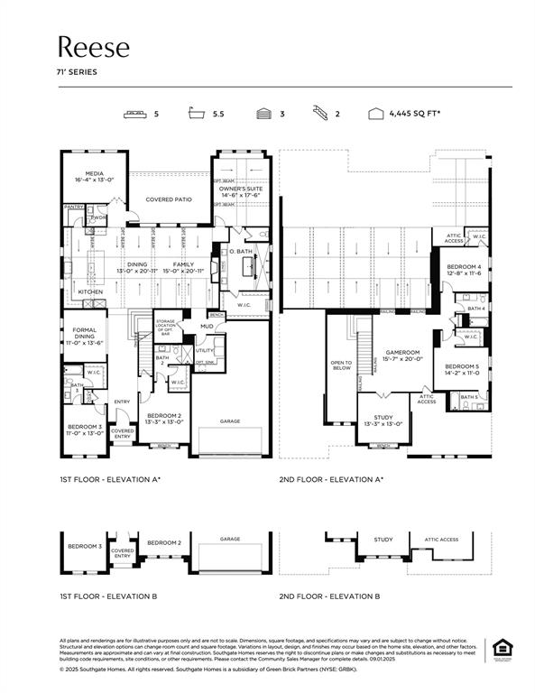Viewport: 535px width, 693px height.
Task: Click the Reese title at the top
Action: [x=94, y=47]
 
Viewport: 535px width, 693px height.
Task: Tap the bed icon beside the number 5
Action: [x=136, y=115]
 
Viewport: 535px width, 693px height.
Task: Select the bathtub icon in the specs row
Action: [x=197, y=115]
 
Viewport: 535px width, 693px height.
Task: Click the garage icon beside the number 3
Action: [x=263, y=115]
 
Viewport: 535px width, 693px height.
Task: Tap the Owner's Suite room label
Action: [x=241, y=189]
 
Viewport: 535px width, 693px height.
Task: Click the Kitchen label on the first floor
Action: [x=90, y=292]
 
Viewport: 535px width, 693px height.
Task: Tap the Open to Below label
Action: [x=342, y=365]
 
